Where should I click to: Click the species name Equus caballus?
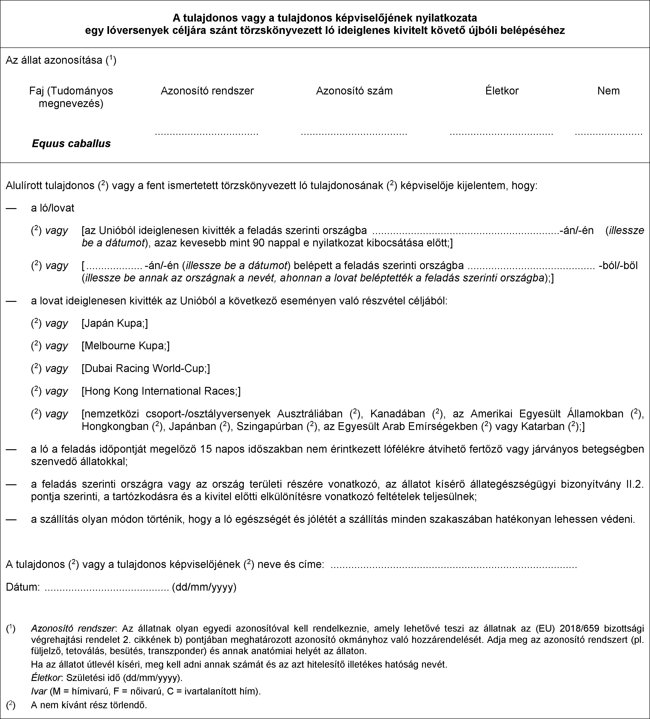[71, 143]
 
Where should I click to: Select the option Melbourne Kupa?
[126, 346]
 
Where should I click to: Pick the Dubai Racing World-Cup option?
[145, 368]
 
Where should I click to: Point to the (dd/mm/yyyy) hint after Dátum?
[204, 587]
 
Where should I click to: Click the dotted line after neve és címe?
[454, 565]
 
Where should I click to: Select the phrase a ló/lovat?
[53, 208]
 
